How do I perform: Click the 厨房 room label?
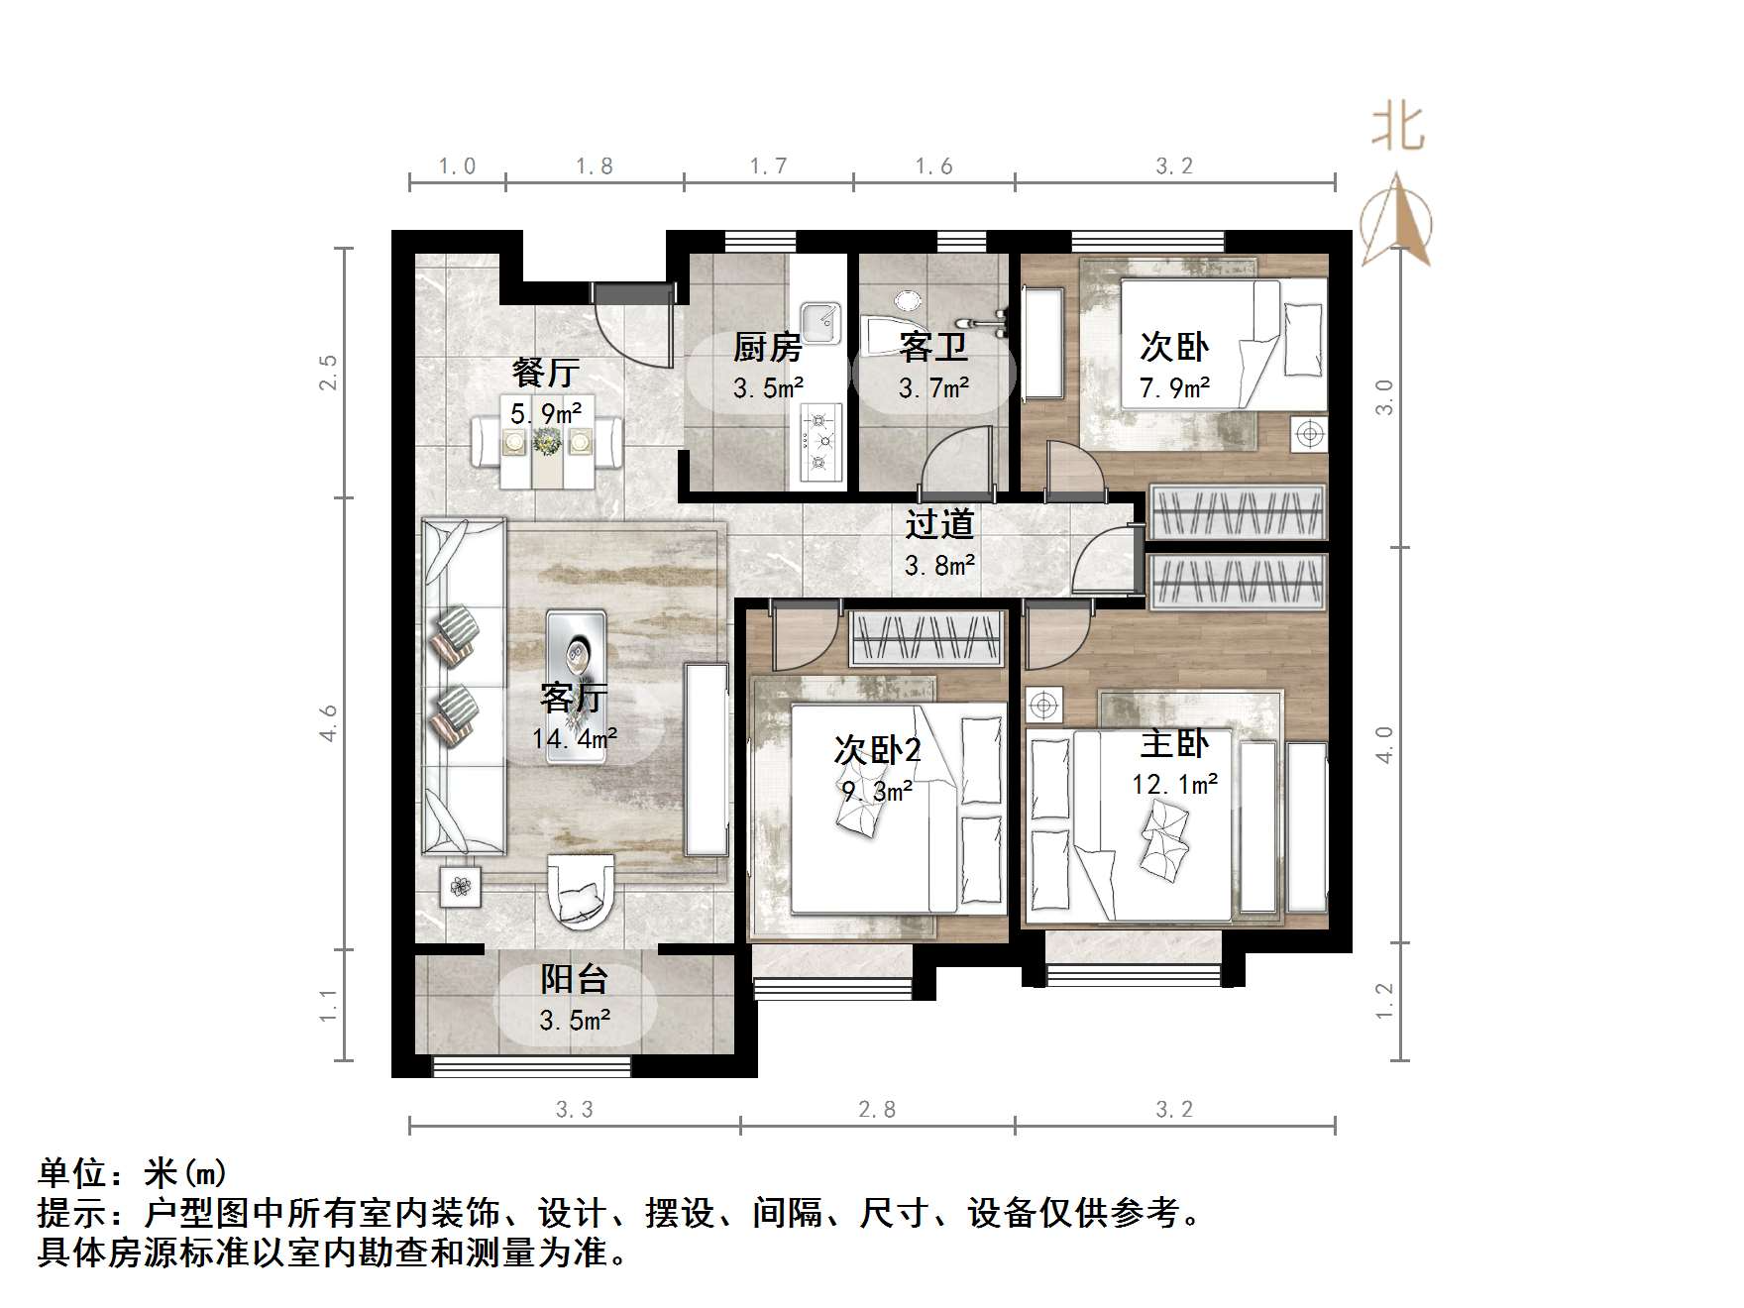(x=767, y=348)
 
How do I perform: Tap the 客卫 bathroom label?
(x=933, y=348)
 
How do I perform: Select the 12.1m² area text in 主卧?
(x=1174, y=785)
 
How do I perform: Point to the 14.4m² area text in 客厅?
(x=575, y=738)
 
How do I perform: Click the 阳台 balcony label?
(x=574, y=980)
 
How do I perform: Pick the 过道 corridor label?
(x=939, y=525)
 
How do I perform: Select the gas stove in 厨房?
(x=821, y=442)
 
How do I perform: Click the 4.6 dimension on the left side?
(x=329, y=723)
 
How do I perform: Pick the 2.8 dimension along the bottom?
(x=877, y=1110)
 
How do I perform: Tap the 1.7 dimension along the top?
(x=768, y=166)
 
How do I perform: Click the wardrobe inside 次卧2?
(x=926, y=639)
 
